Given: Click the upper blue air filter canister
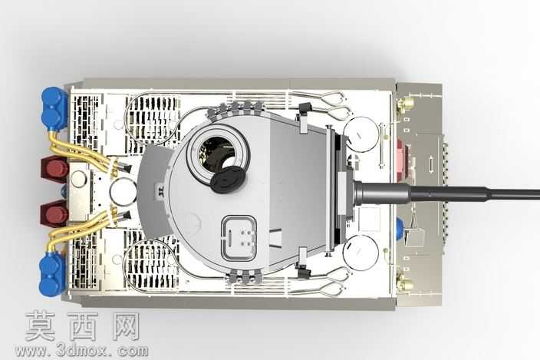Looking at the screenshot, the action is [x=54, y=108].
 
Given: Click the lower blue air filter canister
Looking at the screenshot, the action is [x=52, y=274].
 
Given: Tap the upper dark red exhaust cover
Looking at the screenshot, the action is [x=55, y=168].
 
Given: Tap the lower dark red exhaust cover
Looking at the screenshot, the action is [x=54, y=213].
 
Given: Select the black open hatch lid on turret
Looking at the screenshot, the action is [x=228, y=179].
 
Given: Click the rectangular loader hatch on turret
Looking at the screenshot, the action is [x=239, y=238].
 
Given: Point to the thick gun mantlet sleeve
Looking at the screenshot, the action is [x=381, y=193].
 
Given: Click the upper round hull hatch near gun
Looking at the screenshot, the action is [x=361, y=134].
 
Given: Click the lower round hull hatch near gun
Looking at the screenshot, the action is [x=361, y=252].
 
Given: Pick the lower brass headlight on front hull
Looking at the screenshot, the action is [x=405, y=282].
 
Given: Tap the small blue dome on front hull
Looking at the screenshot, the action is [x=400, y=228].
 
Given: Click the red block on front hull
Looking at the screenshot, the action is [x=401, y=157].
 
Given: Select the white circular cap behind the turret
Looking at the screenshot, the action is [x=123, y=192].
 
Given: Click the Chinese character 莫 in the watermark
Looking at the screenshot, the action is [x=40, y=326].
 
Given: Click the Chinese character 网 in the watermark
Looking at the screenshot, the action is [x=126, y=326].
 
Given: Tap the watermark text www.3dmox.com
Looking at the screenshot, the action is [x=82, y=351].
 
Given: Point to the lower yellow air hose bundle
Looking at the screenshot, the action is [x=83, y=230].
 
